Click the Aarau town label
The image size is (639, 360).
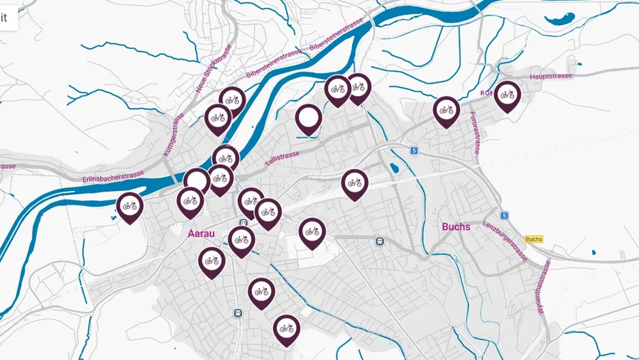[x=201, y=233]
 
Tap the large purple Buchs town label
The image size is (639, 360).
[x=456, y=227]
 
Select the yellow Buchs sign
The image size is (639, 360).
[x=534, y=239]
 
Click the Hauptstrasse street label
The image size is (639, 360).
[x=551, y=76]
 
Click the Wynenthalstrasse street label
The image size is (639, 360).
[x=541, y=288]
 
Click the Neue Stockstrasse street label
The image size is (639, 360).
[x=214, y=70]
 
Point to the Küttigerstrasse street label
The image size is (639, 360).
[x=173, y=135]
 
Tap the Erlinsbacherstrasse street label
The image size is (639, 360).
[x=113, y=175]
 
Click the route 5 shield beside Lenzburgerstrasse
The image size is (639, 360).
[x=503, y=215]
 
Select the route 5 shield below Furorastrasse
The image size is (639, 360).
[x=413, y=151]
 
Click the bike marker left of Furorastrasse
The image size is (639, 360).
[x=446, y=109]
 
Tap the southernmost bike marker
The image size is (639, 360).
[x=286, y=328]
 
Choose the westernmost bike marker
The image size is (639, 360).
[x=130, y=206]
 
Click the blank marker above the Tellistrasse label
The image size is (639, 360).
[x=308, y=117]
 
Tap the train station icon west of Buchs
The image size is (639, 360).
[x=381, y=241]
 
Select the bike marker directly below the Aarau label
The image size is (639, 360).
[x=212, y=261]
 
